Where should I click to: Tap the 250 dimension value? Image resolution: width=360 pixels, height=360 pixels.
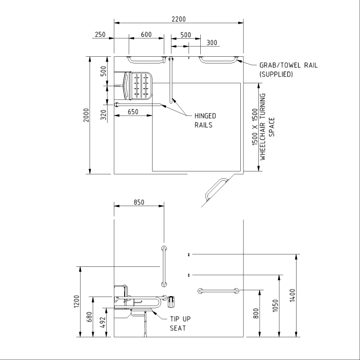(x=100, y=35)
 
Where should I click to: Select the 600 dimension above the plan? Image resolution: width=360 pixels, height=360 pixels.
(x=146, y=35)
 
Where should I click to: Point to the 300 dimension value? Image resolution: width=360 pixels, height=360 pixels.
(x=212, y=43)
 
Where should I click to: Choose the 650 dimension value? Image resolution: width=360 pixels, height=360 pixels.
(x=132, y=112)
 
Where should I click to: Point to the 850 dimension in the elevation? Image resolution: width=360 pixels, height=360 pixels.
(x=139, y=202)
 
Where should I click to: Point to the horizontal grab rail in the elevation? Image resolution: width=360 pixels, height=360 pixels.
(x=218, y=291)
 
